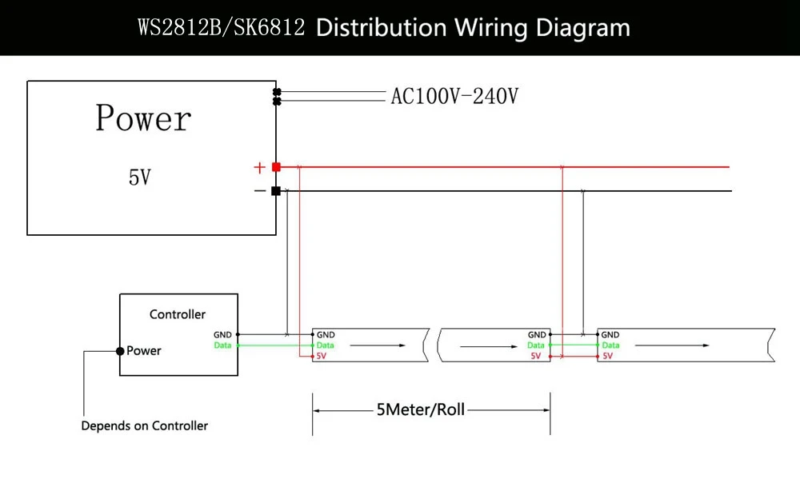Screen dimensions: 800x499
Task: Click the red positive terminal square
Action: click(x=276, y=167)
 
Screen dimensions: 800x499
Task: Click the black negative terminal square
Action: click(x=276, y=191)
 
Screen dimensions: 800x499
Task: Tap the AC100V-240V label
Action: click(x=454, y=96)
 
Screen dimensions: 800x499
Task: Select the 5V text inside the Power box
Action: click(x=140, y=177)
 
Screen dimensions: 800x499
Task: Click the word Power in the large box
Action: click(x=143, y=118)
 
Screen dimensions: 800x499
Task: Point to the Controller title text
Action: click(x=178, y=314)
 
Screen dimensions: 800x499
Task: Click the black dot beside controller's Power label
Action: click(x=120, y=351)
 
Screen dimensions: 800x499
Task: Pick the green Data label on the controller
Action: click(x=222, y=345)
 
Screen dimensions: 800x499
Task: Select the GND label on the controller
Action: click(x=222, y=335)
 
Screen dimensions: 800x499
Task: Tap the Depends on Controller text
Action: click(x=144, y=425)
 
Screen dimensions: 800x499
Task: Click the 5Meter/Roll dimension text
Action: click(x=421, y=409)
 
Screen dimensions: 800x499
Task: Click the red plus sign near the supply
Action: click(x=260, y=167)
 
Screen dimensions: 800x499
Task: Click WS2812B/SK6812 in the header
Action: click(x=222, y=27)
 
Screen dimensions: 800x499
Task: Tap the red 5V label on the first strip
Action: click(x=321, y=356)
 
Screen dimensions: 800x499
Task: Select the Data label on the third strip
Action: click(x=610, y=345)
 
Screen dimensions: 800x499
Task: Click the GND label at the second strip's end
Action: click(x=537, y=335)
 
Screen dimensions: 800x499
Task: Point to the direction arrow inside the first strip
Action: click(x=378, y=345)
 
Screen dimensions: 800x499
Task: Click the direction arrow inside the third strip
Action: click(x=672, y=345)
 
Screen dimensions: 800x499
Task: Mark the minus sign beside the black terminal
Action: click(x=260, y=191)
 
